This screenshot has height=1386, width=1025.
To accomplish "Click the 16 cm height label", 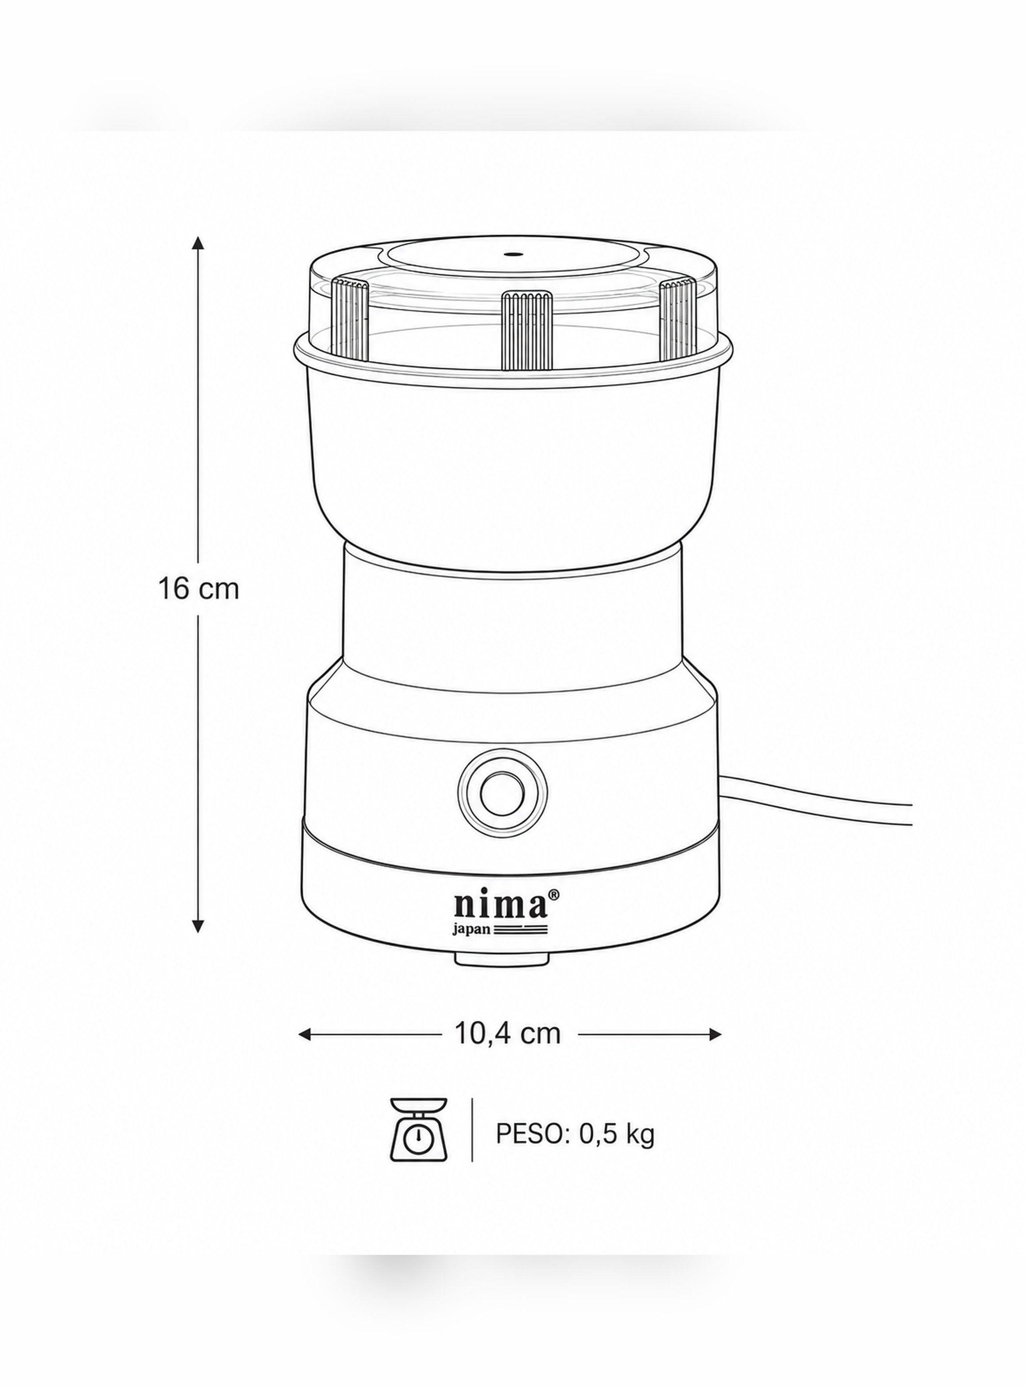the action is tap(198, 588).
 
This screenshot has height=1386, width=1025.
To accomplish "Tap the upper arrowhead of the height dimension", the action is tap(198, 243).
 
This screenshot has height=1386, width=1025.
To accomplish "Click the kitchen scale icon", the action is tap(418, 1146).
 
